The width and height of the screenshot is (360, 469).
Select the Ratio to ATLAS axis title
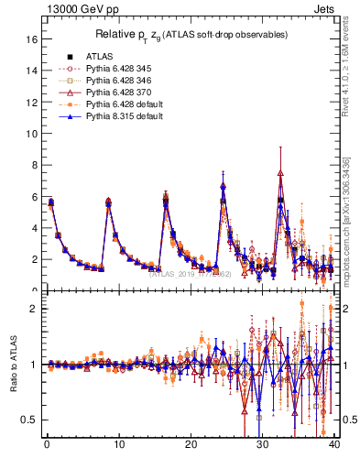tap(14, 364)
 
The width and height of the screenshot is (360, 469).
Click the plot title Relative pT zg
tap(191, 34)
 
